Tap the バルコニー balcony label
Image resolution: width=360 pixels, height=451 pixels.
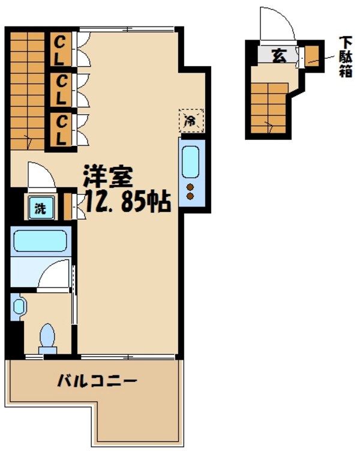click(x=98, y=381)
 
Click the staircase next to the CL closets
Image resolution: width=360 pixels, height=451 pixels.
click(x=28, y=90)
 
